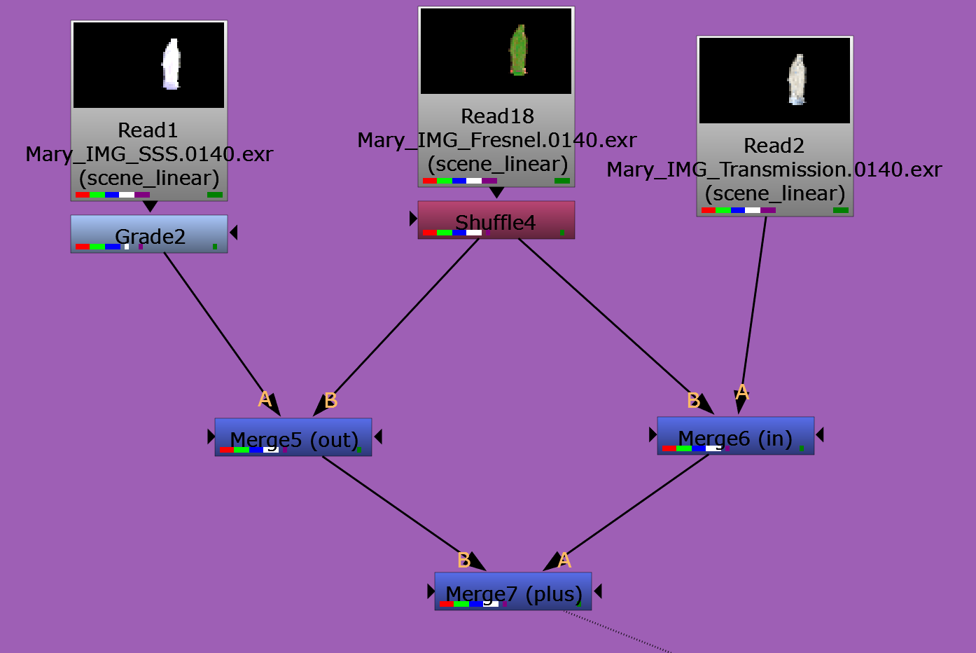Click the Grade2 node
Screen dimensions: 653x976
click(149, 234)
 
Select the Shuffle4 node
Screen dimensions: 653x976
click(496, 220)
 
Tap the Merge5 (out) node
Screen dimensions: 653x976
click(293, 437)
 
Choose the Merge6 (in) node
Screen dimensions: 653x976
click(735, 436)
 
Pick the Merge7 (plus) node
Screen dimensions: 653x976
click(513, 591)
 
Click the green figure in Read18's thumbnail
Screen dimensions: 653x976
click(518, 50)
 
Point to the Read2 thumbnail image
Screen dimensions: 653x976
click(774, 81)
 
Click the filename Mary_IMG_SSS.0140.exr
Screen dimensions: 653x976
click(149, 154)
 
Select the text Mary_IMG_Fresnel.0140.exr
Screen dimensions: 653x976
click(496, 140)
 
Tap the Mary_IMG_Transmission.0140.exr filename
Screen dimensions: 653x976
click(774, 170)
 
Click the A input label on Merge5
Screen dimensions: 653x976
click(265, 399)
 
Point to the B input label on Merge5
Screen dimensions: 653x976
click(331, 401)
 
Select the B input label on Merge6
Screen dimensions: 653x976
click(693, 401)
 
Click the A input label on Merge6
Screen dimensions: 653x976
click(742, 392)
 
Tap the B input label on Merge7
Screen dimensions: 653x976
click(463, 561)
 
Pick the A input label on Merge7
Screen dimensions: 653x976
click(564, 561)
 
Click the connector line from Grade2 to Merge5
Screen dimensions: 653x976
click(214, 322)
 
